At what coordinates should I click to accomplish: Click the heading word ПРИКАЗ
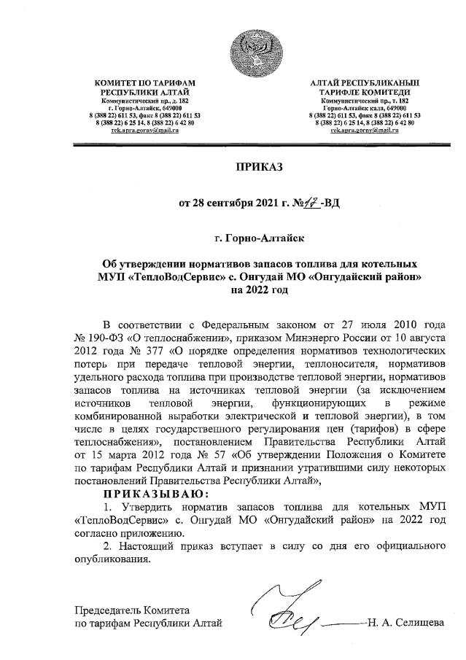(x=257, y=166)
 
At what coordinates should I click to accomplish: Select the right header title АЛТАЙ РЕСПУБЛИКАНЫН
(x=365, y=85)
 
